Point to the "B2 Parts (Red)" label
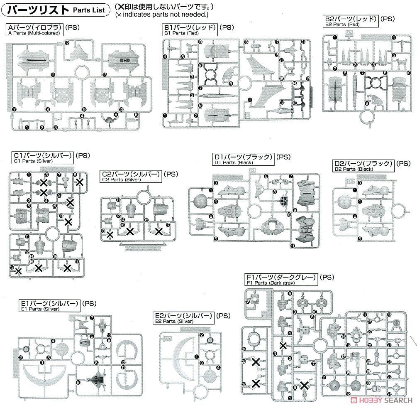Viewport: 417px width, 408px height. pos(342,25)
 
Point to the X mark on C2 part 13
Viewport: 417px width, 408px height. pos(110,235)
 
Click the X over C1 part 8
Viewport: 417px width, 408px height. pos(80,181)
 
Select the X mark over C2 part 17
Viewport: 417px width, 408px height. pos(159,231)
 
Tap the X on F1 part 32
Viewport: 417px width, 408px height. pos(256,383)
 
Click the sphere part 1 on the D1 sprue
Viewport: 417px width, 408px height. pos(201,201)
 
